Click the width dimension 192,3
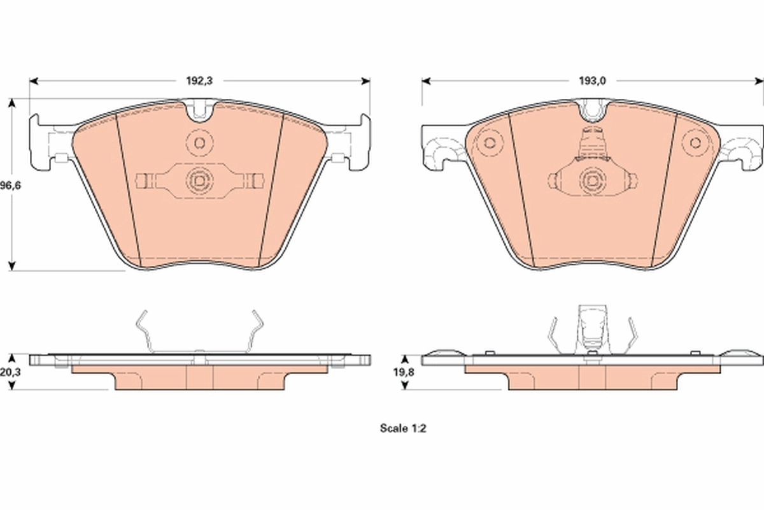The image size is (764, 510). tap(199, 81)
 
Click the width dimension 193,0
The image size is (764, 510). tap(592, 81)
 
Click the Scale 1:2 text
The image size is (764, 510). tap(402, 429)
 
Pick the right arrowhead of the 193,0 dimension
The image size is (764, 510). tap(759, 81)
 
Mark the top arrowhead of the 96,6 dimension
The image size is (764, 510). tap(12, 103)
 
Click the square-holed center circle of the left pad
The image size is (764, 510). tap(199, 182)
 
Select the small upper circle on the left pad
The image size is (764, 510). tap(199, 142)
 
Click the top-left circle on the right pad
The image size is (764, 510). tap(490, 142)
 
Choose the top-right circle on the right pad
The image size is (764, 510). tap(695, 142)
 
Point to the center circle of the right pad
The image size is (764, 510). tap(592, 182)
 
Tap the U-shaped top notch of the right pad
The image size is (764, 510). tap(593, 112)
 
